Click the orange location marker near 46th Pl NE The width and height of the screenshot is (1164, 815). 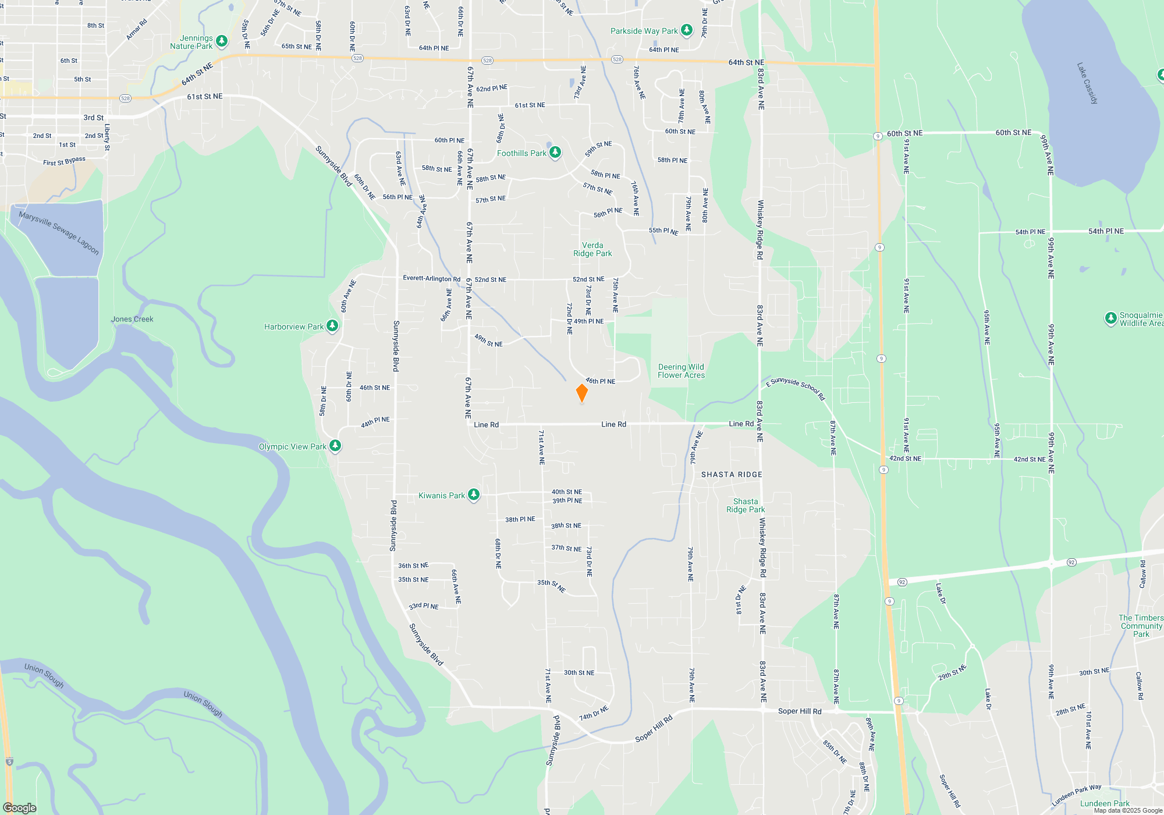581,393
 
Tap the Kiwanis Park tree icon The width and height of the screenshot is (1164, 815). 474,495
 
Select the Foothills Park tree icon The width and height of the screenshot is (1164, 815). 555,153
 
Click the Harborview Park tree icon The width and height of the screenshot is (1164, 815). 332,326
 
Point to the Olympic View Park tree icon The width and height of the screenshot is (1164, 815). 335,446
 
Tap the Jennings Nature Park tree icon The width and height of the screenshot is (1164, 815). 221,41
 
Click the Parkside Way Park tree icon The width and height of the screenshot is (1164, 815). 687,30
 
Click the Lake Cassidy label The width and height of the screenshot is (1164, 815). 1087,83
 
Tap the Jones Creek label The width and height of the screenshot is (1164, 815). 132,319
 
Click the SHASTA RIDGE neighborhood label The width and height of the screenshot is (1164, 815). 732,474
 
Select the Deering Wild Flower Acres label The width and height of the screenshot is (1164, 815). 681,371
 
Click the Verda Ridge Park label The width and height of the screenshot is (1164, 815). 592,249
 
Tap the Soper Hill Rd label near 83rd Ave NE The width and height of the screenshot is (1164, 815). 800,711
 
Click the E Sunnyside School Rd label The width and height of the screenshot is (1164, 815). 796,389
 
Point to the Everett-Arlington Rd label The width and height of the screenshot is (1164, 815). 431,278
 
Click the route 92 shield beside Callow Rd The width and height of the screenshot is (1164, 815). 1071,562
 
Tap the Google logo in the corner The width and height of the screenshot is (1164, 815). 20,807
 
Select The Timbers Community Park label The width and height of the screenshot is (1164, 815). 1141,626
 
